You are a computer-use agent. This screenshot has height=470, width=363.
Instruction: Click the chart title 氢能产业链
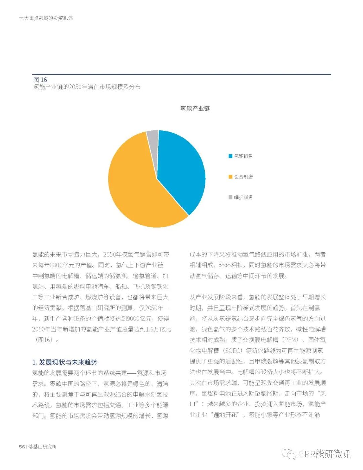(x=195, y=109)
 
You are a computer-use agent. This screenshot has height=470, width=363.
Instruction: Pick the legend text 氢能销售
(x=243, y=156)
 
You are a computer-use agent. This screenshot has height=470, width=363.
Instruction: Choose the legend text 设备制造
(x=243, y=177)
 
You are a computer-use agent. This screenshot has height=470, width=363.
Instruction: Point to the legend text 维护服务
(x=243, y=197)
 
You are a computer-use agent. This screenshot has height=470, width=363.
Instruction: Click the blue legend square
(x=230, y=156)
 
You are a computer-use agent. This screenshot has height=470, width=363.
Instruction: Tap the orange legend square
(x=230, y=177)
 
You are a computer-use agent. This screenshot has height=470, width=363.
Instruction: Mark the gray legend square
(x=230, y=197)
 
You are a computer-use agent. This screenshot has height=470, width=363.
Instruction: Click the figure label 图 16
(x=40, y=80)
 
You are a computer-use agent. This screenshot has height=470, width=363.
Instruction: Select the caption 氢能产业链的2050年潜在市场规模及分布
(x=87, y=87)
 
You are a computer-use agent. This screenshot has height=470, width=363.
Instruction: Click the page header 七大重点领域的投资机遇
(x=46, y=18)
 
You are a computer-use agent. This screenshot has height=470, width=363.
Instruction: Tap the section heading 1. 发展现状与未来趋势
(x=65, y=362)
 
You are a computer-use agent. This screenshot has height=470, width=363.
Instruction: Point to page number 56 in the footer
(x=22, y=447)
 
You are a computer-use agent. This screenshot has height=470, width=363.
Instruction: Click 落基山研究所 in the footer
(x=42, y=447)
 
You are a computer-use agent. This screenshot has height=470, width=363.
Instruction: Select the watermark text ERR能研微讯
(x=325, y=454)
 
